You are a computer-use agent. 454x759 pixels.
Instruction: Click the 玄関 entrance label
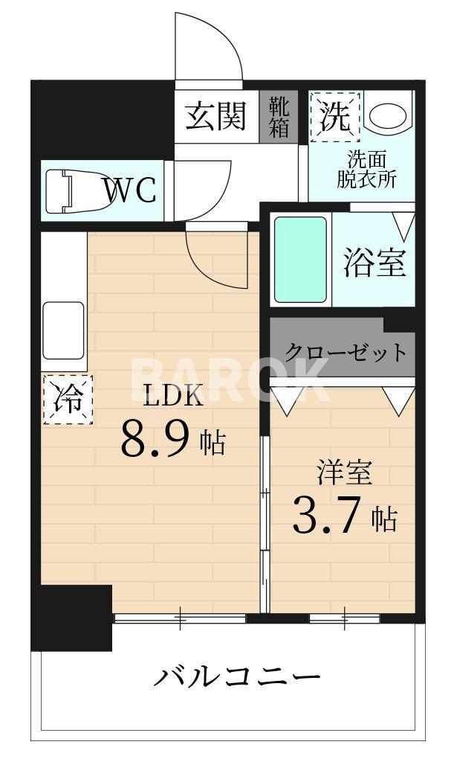215,116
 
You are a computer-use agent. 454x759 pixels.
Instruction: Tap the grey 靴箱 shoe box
279,116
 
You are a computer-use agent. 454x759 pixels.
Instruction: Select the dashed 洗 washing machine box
334,116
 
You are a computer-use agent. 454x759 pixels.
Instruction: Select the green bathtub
300,259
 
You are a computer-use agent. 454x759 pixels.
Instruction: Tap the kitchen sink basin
64,330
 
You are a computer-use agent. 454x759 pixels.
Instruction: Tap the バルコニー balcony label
237,677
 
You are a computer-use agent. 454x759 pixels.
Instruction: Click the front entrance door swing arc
209,45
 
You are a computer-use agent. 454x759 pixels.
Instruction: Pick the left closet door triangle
289,400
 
